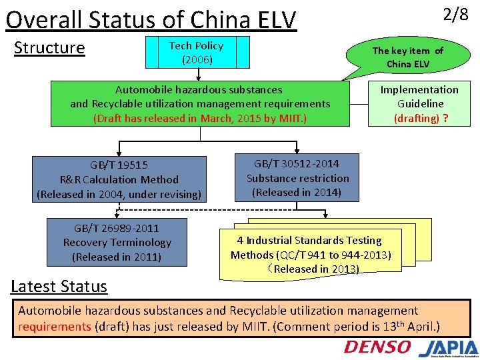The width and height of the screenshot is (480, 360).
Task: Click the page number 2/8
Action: coord(455,15)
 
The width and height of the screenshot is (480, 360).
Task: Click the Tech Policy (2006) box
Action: coord(196,53)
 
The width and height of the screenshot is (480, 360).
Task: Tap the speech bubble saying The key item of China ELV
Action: coord(407,57)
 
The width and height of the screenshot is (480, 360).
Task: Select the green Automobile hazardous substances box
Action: coord(200,103)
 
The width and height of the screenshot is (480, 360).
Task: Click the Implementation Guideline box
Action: coord(419,103)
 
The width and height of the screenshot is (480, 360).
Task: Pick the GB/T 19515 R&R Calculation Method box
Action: coord(119,179)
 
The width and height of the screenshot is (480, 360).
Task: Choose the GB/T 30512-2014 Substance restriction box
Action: coord(297,177)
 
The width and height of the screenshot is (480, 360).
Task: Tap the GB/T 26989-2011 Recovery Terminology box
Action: coord(117,242)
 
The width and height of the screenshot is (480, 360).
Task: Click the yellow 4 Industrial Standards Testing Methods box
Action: coord(311,253)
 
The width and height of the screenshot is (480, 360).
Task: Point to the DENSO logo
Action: coord(377,347)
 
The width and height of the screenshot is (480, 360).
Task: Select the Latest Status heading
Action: coord(59,287)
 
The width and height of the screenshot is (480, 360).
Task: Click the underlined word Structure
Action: coord(49,48)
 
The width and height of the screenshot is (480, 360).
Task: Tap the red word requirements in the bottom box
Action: coord(54,326)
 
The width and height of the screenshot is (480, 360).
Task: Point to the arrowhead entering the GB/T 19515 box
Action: coord(120,153)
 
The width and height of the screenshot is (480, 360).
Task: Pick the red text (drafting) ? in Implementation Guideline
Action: coord(420,118)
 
